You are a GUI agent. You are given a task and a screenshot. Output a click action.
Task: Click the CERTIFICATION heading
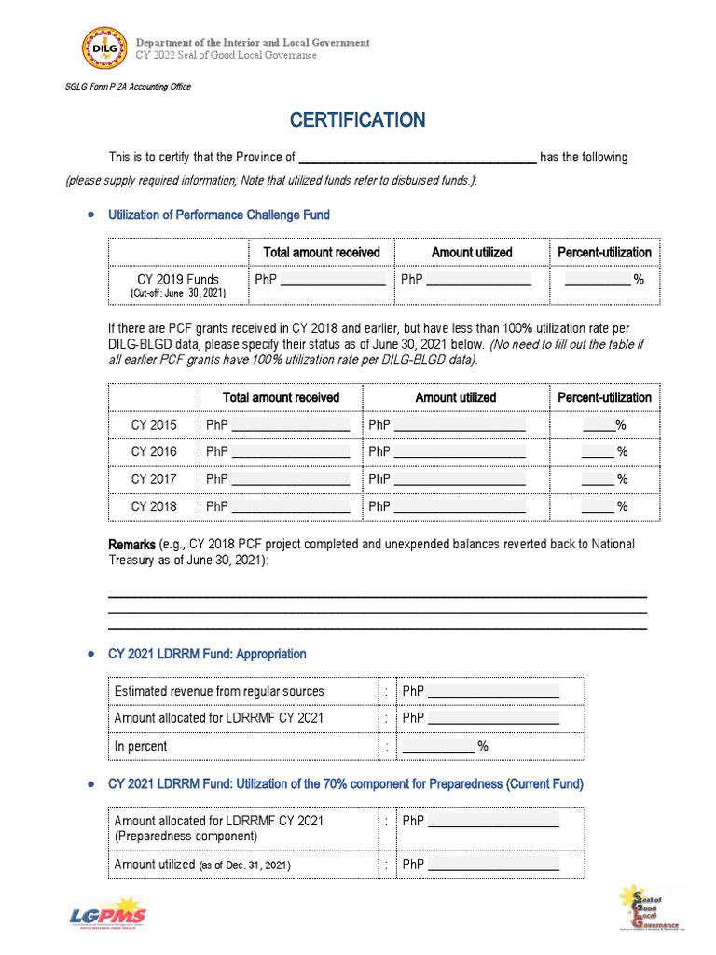pos(357,120)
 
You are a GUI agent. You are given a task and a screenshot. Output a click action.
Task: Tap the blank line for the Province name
pos(417,159)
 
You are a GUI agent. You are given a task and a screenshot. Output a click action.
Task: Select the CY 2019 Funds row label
pos(178,279)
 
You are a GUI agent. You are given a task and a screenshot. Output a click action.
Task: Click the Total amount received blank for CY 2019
pos(333,280)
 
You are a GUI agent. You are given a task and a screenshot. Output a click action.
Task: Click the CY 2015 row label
pos(154,425)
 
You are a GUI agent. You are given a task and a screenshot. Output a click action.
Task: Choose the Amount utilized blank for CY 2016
pos(460,452)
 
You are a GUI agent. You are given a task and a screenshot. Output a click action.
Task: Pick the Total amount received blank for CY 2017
pos(290,479)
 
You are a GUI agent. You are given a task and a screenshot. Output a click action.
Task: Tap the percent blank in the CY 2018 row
pos(598,506)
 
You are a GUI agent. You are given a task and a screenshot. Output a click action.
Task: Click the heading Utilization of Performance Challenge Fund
pos(219,215)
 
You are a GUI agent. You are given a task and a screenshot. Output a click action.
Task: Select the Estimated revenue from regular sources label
pos(219,691)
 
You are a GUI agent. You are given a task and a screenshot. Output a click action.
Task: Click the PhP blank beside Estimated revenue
pos(493,692)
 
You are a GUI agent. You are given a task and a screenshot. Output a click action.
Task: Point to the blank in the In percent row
pos(438,747)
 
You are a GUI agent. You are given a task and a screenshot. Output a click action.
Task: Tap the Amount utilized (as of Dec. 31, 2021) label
pos(202,865)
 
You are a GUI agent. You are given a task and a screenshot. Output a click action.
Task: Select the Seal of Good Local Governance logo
pos(649,907)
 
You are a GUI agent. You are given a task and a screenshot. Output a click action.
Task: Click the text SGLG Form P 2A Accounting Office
pos(128,87)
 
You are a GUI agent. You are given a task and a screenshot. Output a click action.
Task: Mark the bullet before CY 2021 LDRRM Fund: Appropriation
pos(90,654)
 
